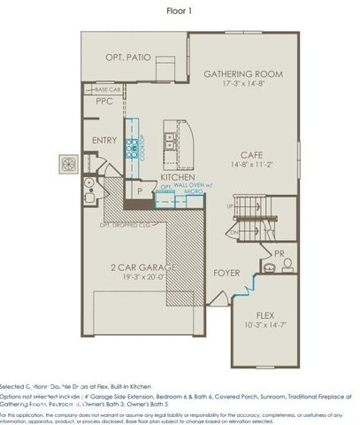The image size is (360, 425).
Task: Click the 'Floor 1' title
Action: pyautogui.click(x=180, y=12)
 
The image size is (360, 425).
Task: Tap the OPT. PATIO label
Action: pyautogui.click(x=126, y=58)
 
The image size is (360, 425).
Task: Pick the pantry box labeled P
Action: pyautogui.click(x=139, y=189)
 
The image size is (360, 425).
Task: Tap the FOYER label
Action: pyautogui.click(x=226, y=274)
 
